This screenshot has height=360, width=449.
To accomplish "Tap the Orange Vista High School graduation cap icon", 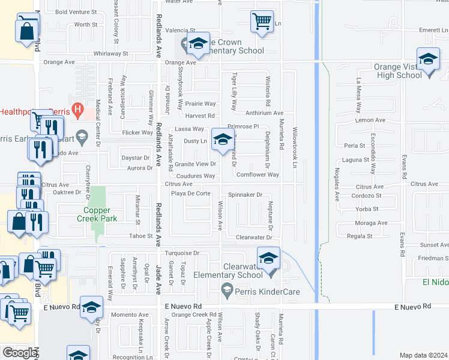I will coord(428,59).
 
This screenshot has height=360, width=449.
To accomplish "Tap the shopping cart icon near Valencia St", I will coord(262,21).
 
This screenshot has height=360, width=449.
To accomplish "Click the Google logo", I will coord(19,353).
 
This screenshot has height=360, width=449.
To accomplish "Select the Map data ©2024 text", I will coord(423,355).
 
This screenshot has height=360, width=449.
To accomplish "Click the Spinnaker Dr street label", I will coord(246,195).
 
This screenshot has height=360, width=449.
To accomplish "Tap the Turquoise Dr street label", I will coord(178,253).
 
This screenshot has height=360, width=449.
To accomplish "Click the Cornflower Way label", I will coord(258,175).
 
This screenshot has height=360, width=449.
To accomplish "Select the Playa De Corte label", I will coord(190,193).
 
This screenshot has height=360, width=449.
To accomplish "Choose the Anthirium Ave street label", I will coord(264,113).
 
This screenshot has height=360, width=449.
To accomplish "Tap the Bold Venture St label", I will coord(76,12).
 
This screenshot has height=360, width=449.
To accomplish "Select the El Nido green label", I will coord(435,281).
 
